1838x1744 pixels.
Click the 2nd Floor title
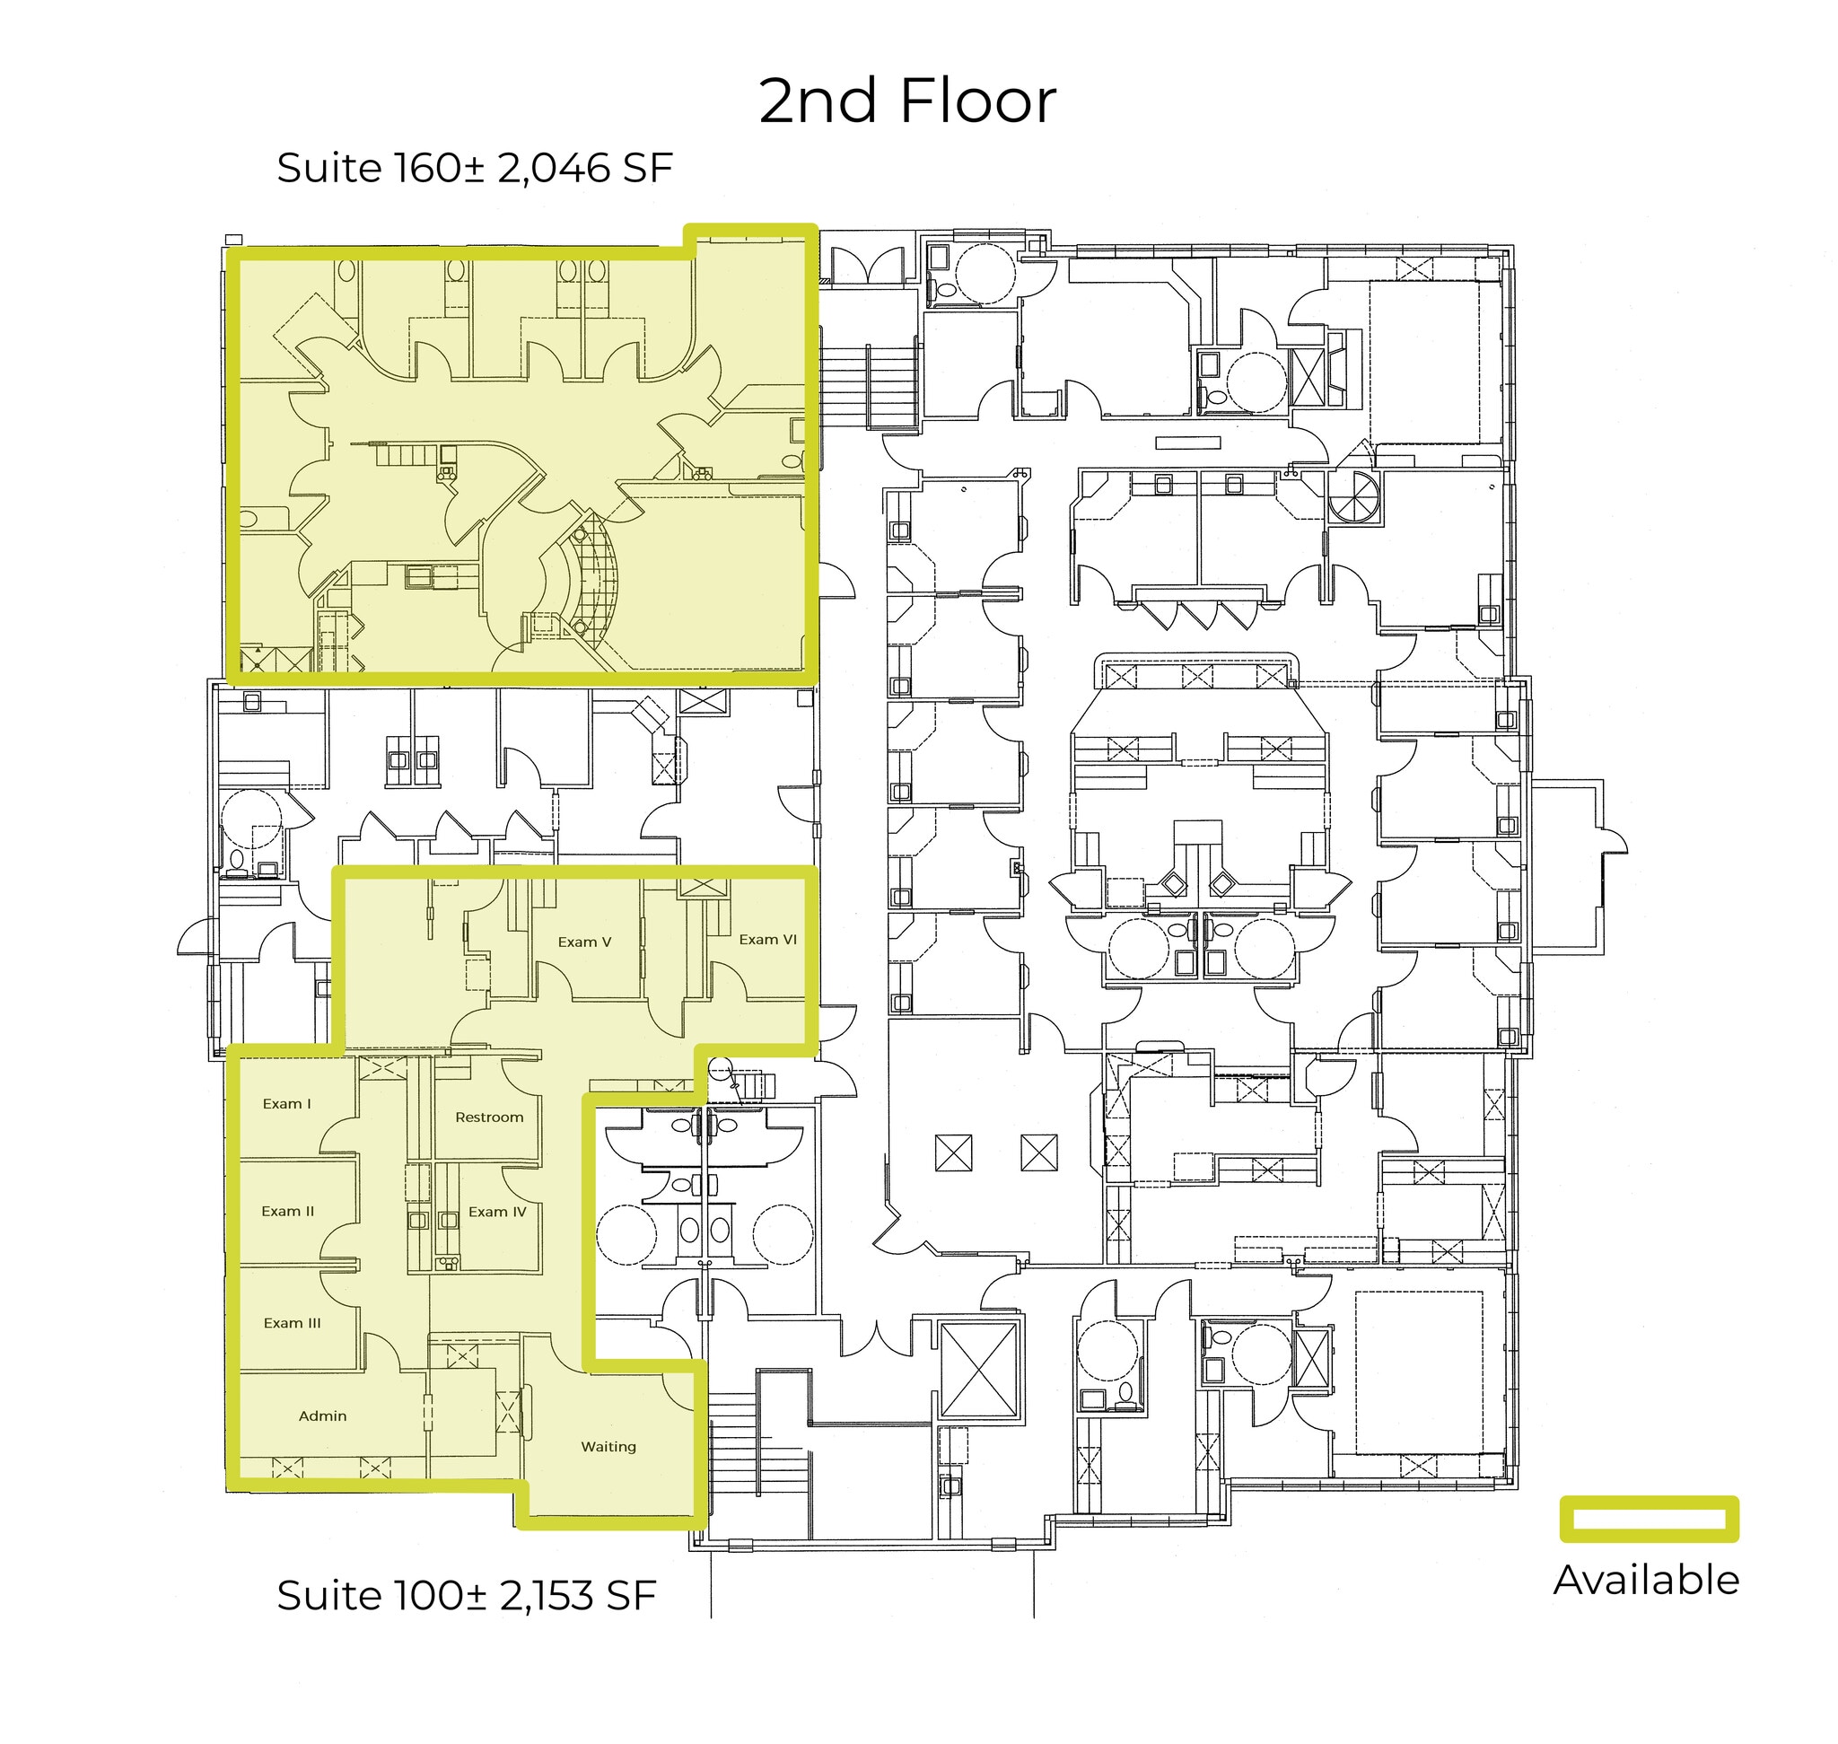(x=906, y=101)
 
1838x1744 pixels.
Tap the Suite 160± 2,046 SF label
(x=474, y=169)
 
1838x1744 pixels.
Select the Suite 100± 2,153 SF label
(x=466, y=1595)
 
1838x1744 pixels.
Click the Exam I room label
(x=286, y=1104)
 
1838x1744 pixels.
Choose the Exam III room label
(x=292, y=1323)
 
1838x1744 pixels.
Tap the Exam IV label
(x=497, y=1213)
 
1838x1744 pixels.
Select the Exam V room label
(x=584, y=942)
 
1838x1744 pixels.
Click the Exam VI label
(x=768, y=940)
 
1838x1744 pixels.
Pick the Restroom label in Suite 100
(x=489, y=1117)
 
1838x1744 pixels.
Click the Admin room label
(x=322, y=1415)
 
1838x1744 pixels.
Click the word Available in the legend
(x=1646, y=1581)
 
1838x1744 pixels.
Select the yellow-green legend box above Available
(x=1649, y=1519)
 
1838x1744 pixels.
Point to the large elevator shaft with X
(x=979, y=1370)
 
